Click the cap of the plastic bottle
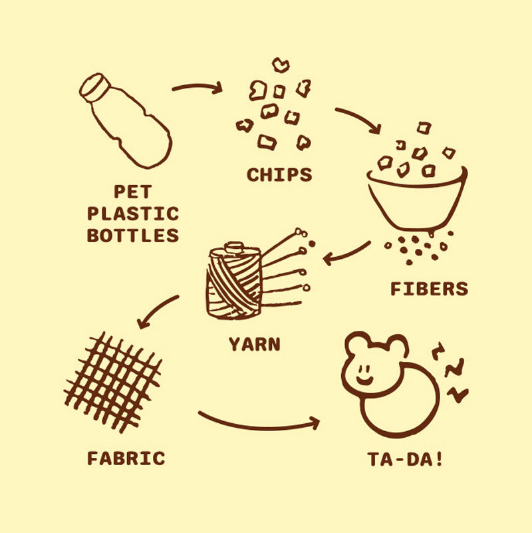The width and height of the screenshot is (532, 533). tap(95, 88)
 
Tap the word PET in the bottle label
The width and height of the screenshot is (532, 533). tap(133, 192)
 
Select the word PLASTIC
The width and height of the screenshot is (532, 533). tap(133, 214)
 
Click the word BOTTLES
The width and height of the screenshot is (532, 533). tap(133, 236)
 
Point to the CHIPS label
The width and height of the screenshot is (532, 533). tap(279, 175)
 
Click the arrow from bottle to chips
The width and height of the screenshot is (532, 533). tap(197, 86)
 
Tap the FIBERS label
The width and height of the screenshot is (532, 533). tap(430, 289)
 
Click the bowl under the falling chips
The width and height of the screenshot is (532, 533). tap(417, 200)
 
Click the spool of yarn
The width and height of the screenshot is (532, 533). tap(233, 281)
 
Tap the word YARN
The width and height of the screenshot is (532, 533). tap(255, 344)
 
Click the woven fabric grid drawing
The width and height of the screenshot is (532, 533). tap(113, 383)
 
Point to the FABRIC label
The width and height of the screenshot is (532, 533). tap(126, 458)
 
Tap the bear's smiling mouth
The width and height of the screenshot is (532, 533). tap(364, 379)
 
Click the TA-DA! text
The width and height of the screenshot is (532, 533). tap(405, 459)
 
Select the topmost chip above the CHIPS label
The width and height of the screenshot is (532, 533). tap(281, 65)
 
